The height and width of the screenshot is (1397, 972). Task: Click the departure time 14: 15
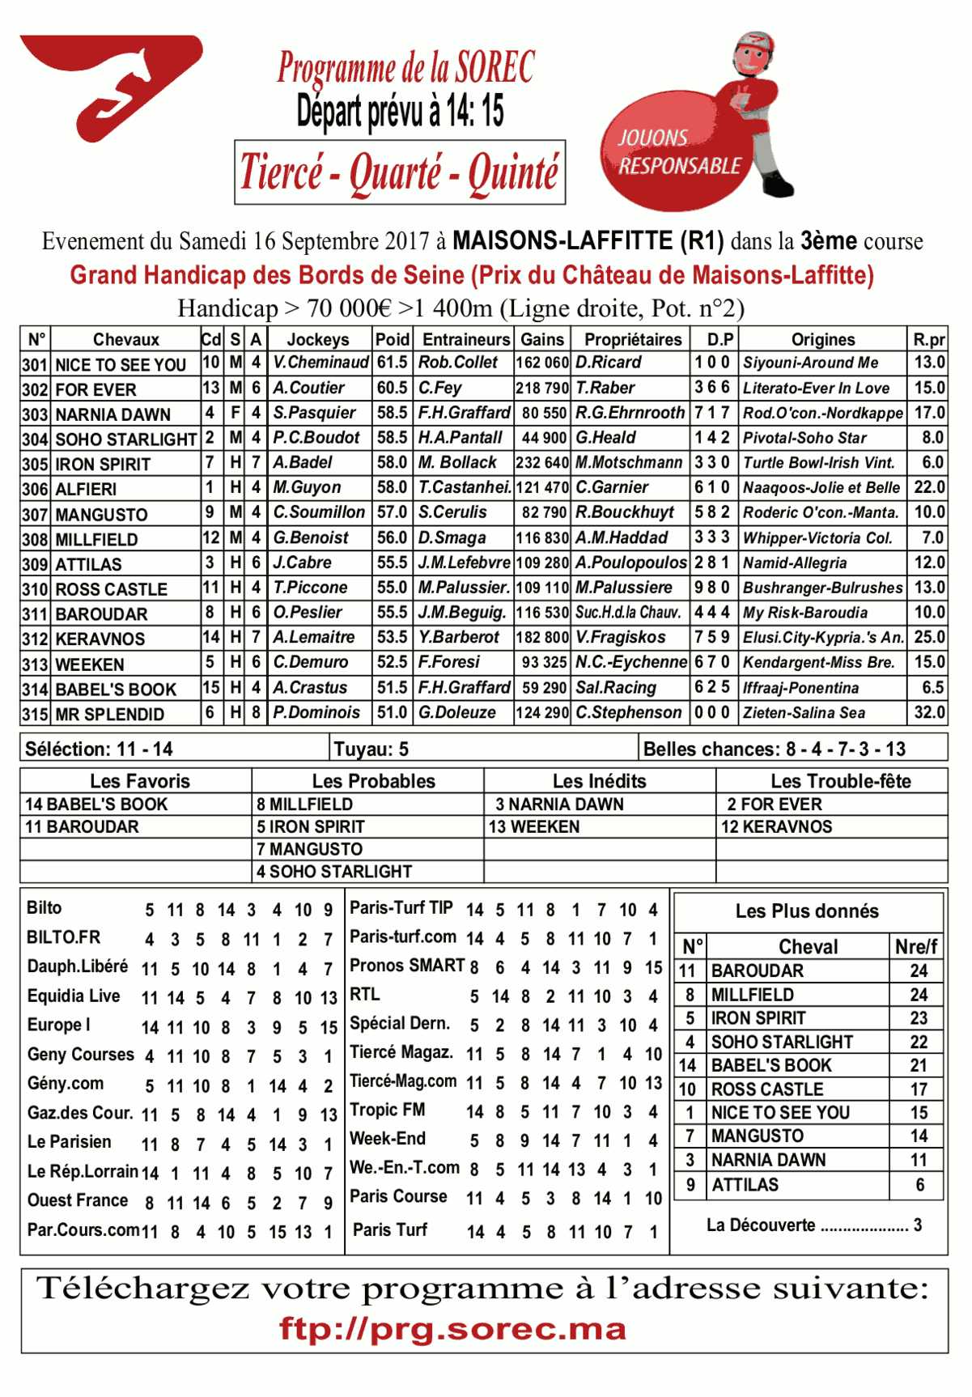(473, 111)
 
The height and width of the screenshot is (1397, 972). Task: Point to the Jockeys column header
(318, 339)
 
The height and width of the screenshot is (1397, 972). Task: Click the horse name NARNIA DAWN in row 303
(112, 414)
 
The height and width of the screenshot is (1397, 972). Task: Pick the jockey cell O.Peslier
(308, 613)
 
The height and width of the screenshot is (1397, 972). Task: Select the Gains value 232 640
(542, 463)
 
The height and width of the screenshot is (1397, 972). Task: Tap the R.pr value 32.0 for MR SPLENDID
(928, 712)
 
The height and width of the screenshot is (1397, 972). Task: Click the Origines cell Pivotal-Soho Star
(804, 438)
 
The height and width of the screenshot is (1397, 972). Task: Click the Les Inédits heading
(599, 781)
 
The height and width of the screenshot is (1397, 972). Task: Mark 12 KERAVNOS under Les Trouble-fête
(776, 826)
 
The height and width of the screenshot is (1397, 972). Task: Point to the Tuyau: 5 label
(371, 749)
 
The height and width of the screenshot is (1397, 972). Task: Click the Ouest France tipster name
(78, 1200)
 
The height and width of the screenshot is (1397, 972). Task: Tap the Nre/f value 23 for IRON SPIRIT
(919, 1018)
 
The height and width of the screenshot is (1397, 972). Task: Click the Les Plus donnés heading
(807, 911)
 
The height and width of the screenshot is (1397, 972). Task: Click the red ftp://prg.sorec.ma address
(452, 1329)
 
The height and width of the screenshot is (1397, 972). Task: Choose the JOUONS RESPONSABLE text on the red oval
(679, 152)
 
